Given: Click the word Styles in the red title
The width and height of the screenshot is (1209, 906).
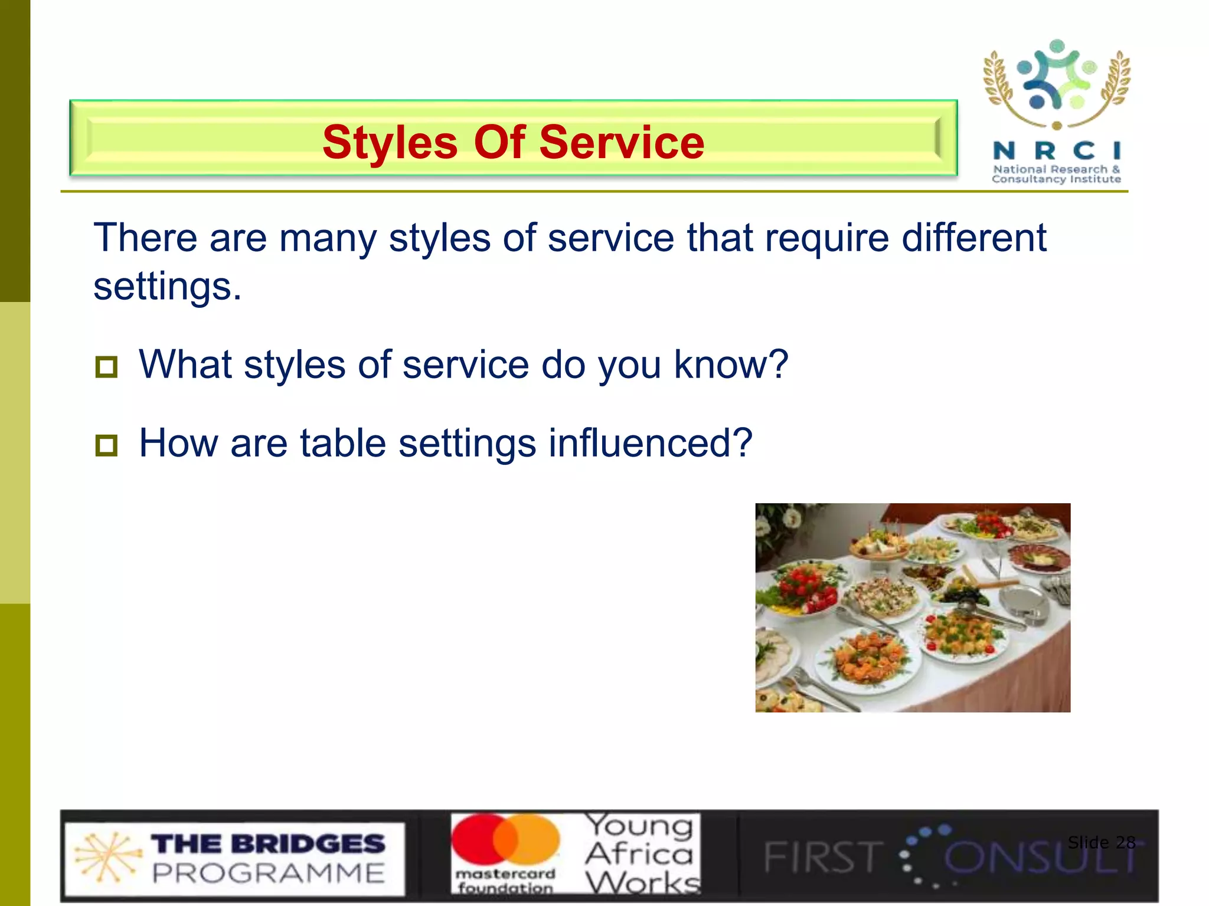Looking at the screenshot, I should tap(390, 143).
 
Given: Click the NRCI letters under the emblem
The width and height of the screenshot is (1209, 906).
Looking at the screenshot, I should tap(1056, 151).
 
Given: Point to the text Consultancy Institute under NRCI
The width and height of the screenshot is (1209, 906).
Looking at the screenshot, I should tap(1056, 179).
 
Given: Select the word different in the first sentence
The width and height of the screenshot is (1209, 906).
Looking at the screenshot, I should tap(974, 238).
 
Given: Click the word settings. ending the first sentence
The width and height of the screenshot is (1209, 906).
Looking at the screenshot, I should tap(168, 287).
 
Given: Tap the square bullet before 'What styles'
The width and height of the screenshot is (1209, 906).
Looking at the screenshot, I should tap(106, 367).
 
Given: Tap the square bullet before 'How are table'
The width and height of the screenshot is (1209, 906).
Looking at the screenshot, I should tap(106, 445).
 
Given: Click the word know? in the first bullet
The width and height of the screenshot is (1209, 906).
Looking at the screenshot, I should tap(731, 365).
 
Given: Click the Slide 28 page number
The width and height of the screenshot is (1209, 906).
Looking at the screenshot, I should tap(1101, 842).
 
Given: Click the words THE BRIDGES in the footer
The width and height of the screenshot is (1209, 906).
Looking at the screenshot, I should tap(269, 843).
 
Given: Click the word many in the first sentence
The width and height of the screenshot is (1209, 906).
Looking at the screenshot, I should tap(327, 238).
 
